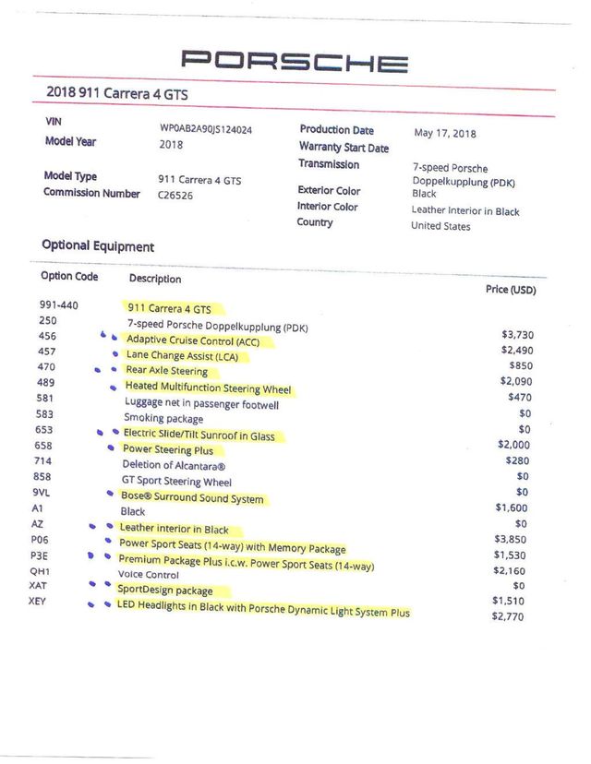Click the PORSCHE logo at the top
click(295, 62)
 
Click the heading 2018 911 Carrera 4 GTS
click(119, 93)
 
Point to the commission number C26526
click(175, 196)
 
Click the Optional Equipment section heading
click(98, 246)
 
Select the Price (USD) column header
click(511, 290)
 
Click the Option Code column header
click(69, 276)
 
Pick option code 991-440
click(58, 305)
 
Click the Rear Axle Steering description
click(167, 371)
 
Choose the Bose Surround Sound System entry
click(192, 498)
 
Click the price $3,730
click(517, 335)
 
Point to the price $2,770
click(508, 616)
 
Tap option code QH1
click(40, 570)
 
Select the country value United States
click(440, 226)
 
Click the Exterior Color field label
click(329, 190)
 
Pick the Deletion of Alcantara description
click(174, 466)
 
